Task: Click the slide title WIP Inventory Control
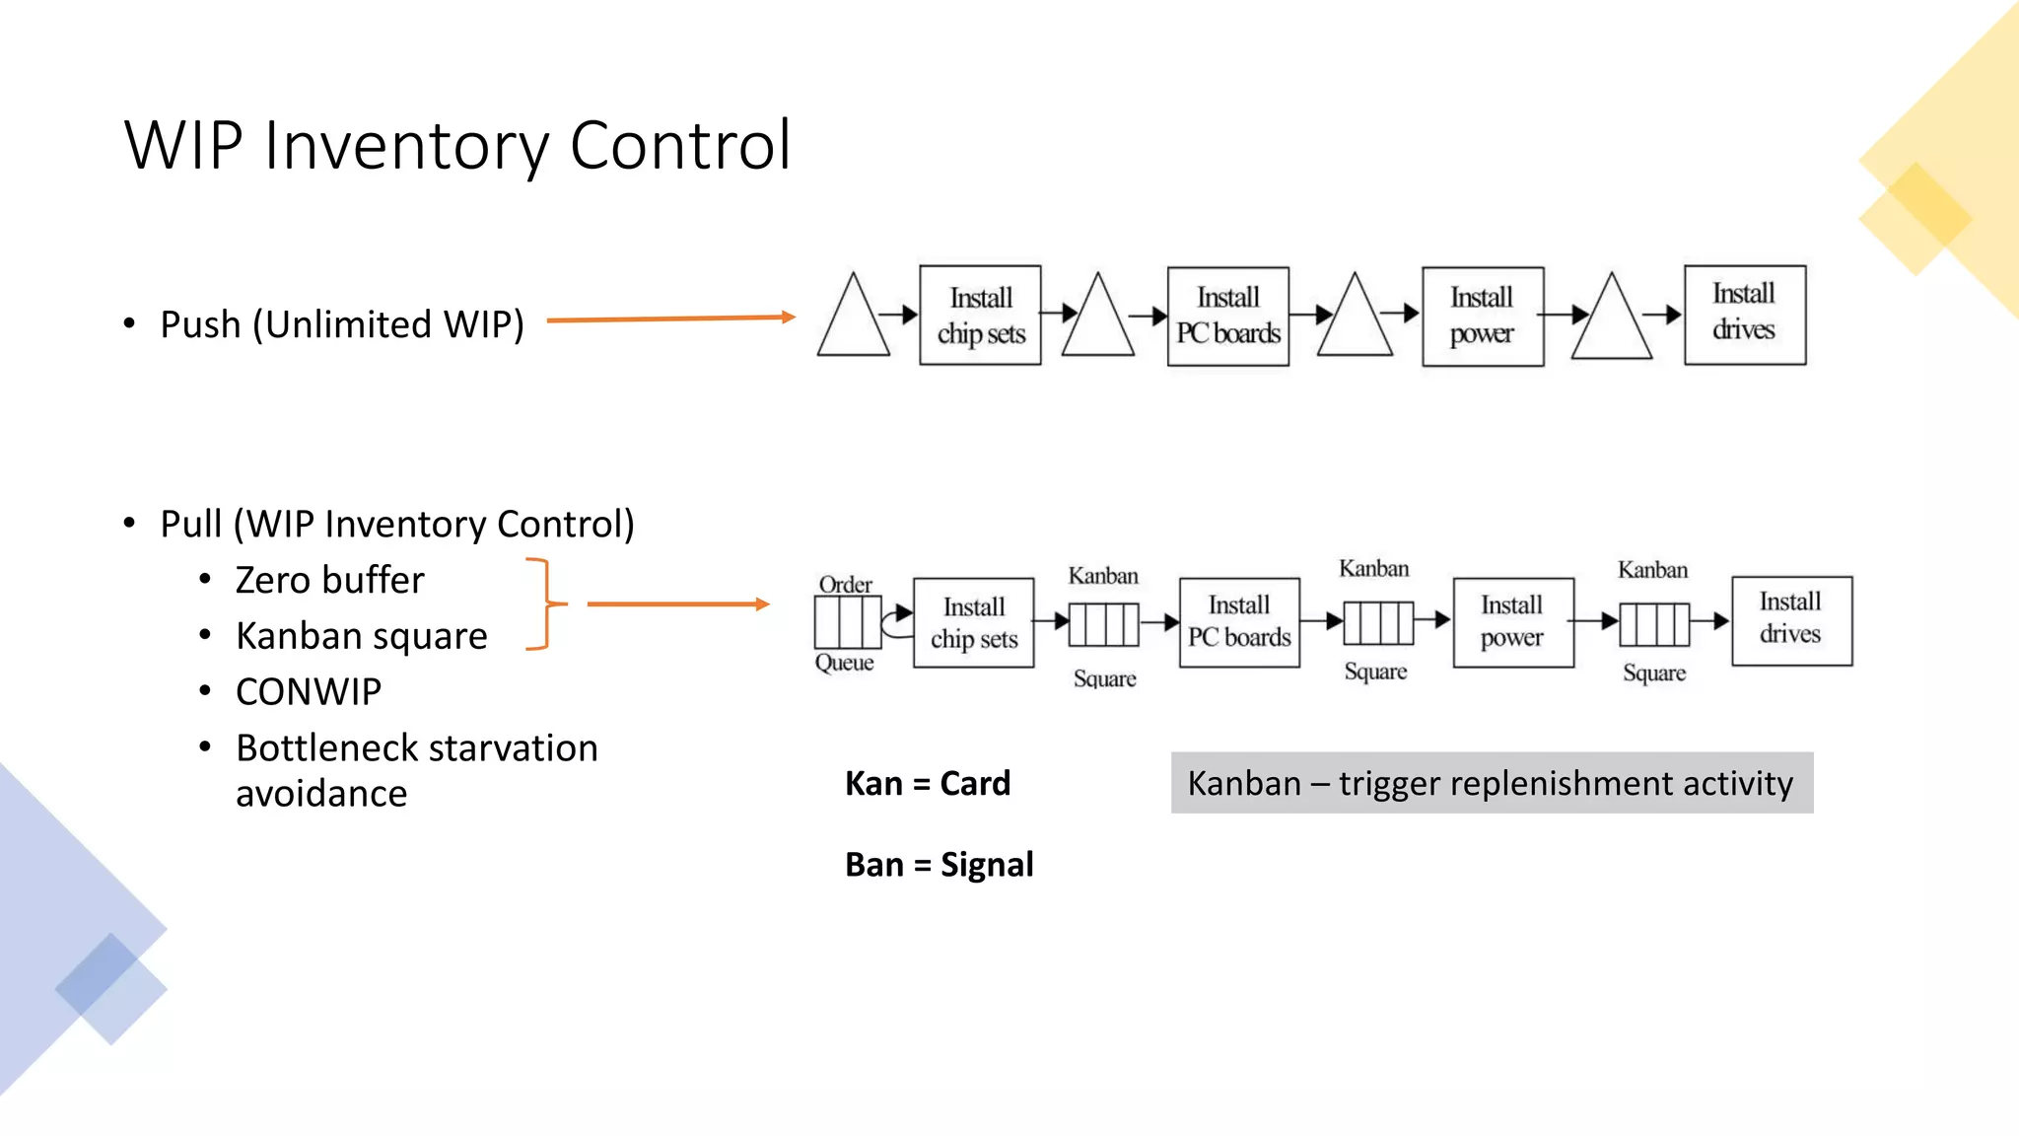tap(457, 145)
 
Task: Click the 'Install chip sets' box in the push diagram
tap(980, 316)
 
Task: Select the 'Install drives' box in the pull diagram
tap(1791, 621)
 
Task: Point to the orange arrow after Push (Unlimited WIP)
tap(670, 319)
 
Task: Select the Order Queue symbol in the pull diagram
tap(847, 623)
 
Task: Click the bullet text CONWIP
tap(309, 692)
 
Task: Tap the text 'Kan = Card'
tap(928, 784)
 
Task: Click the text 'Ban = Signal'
tap(939, 865)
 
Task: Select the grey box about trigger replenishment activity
tap(1491, 783)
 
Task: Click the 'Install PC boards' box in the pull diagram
tap(1239, 622)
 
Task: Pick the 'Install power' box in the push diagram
tap(1482, 317)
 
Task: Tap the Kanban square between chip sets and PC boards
tap(1104, 624)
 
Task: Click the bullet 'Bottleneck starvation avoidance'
tap(416, 770)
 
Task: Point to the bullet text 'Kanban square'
tap(362, 636)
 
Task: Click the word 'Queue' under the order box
tap(844, 663)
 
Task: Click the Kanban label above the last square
tap(1652, 570)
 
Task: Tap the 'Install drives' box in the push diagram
tap(1744, 315)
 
